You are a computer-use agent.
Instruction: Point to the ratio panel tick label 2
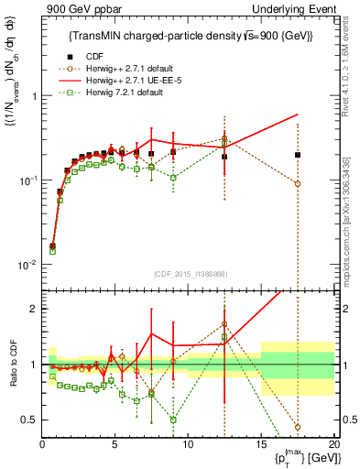(x=33, y=309)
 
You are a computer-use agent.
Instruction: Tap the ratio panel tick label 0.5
(x=29, y=420)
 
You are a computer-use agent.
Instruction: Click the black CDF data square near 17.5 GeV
(x=298, y=155)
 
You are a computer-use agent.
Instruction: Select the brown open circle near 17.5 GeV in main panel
(x=298, y=184)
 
